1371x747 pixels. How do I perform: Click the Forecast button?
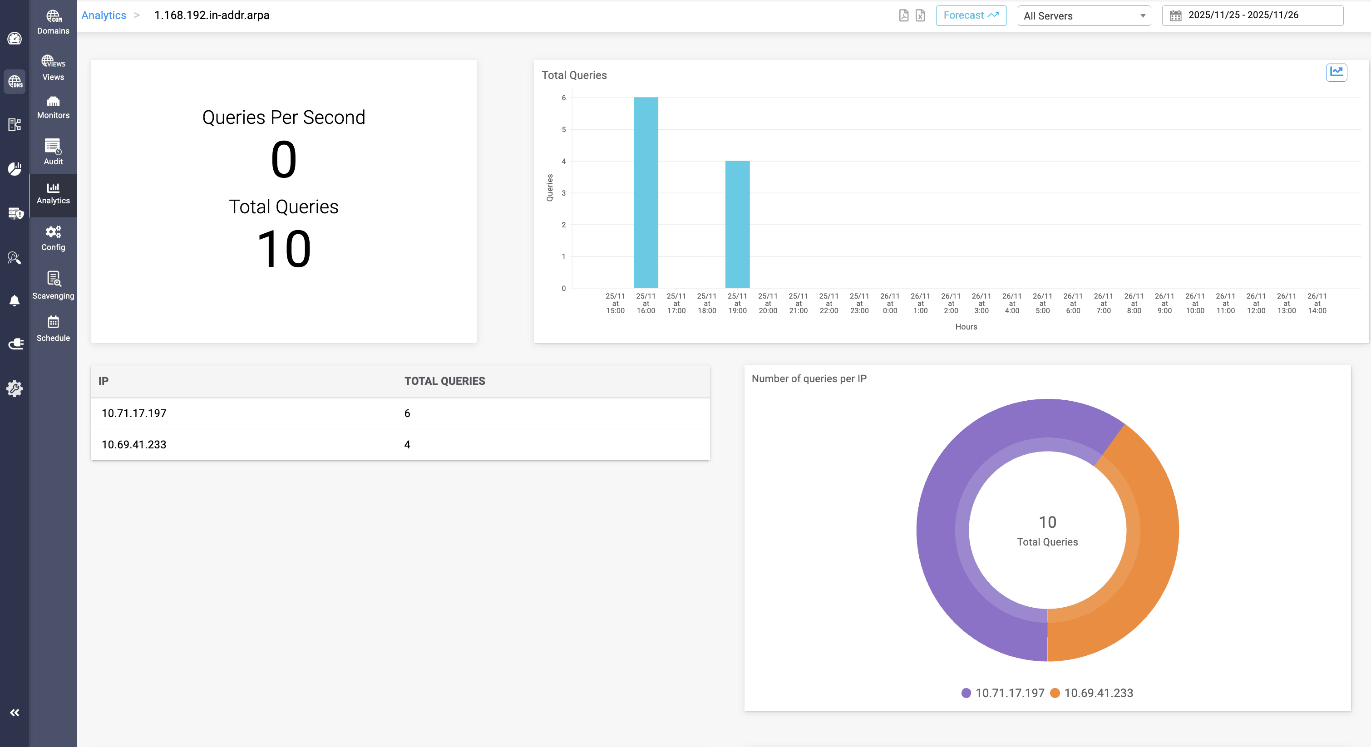(x=971, y=15)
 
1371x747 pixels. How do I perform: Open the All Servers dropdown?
(x=1084, y=16)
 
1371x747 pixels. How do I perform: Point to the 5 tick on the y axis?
(x=564, y=129)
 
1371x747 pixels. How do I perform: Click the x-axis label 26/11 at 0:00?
(x=889, y=303)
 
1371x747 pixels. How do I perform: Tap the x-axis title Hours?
(x=966, y=327)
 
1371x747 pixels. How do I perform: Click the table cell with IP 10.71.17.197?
(x=134, y=413)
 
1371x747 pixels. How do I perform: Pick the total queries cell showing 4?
(x=407, y=445)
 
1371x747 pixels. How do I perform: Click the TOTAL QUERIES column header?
(x=444, y=381)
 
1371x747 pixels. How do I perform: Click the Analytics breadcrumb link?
(x=104, y=15)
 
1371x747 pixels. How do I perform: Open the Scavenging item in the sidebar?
(x=53, y=285)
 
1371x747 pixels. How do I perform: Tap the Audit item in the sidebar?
(x=53, y=152)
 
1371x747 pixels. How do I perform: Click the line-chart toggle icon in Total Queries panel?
(x=1336, y=72)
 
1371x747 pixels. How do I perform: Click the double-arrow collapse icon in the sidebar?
(x=15, y=713)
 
